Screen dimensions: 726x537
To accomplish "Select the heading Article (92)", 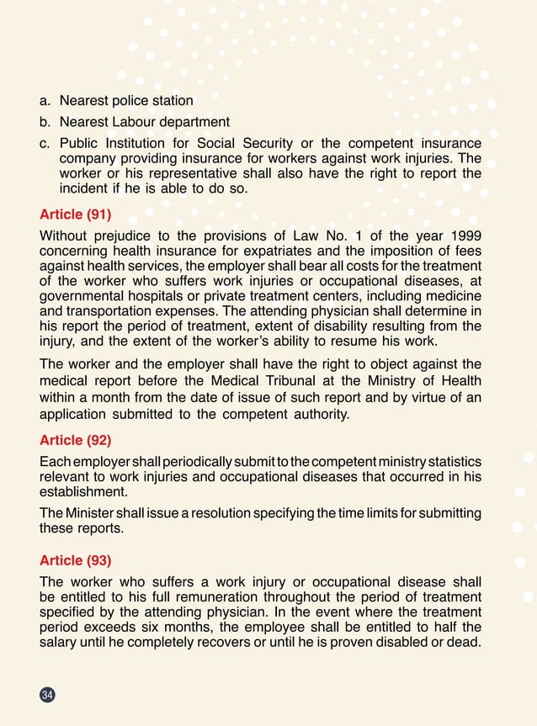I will pos(75,439).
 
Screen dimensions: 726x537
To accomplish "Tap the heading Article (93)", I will pos(75,560).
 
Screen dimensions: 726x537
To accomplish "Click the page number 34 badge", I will pos(47,694).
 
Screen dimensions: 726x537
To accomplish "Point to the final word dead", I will pos(465,643).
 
